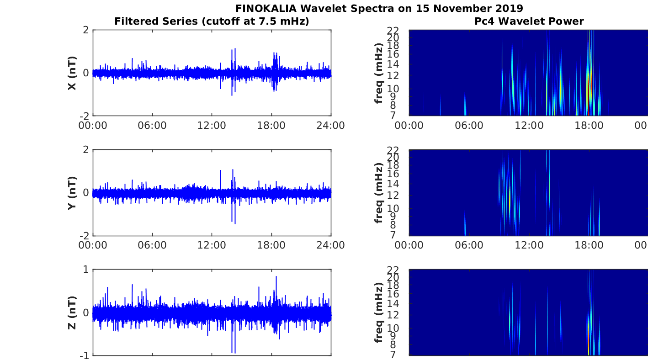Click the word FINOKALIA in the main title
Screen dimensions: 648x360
266,9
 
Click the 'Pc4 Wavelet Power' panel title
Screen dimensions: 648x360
529,21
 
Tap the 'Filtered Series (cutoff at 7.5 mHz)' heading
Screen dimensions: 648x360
212,21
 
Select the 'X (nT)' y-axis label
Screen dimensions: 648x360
72,73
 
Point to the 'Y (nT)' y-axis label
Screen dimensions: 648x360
72,193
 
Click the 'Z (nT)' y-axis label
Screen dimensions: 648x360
72,313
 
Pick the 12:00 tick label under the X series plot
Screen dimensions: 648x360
212,126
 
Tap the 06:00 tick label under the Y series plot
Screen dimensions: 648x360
152,245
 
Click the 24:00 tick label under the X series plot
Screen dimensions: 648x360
331,126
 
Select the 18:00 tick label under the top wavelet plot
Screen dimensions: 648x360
589,126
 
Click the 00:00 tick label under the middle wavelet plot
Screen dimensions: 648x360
409,245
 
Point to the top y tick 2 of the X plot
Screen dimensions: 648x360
86,30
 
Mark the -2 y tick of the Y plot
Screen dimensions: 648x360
84,236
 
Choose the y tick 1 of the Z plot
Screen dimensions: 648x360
86,270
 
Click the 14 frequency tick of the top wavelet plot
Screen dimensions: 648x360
393,64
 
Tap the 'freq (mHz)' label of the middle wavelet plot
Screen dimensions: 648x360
378,193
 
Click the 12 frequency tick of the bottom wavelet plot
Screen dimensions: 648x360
393,315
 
